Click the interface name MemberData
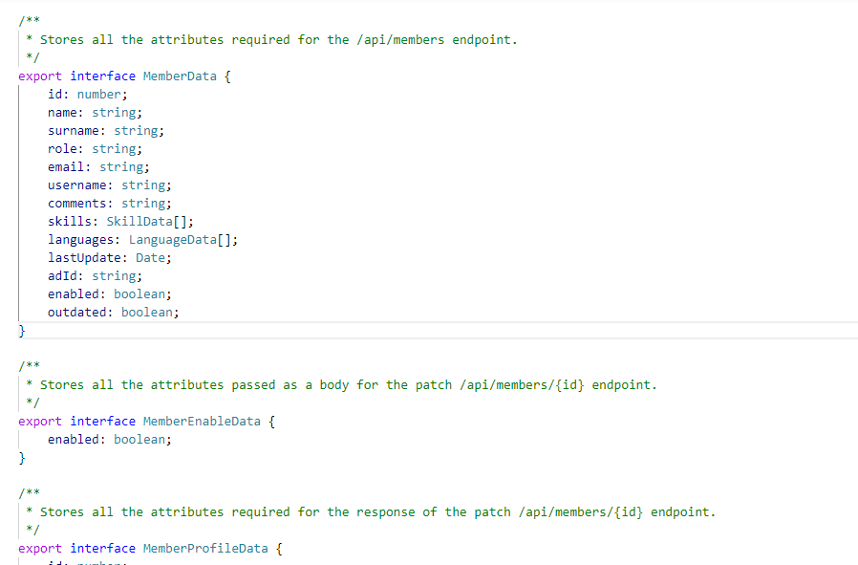pyautogui.click(x=180, y=76)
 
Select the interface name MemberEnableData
pyautogui.click(x=202, y=422)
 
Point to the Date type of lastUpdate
pyautogui.click(x=154, y=258)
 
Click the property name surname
pyautogui.click(x=74, y=131)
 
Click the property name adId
pyautogui.click(x=63, y=276)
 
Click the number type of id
pyautogui.click(x=99, y=95)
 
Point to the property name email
pyautogui.click(x=67, y=167)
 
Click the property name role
pyautogui.click(x=63, y=149)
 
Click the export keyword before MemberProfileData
pyautogui.click(x=40, y=549)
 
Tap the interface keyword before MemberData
pyautogui.click(x=103, y=76)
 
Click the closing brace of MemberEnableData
pyautogui.click(x=22, y=458)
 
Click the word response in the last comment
pyautogui.click(x=386, y=512)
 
